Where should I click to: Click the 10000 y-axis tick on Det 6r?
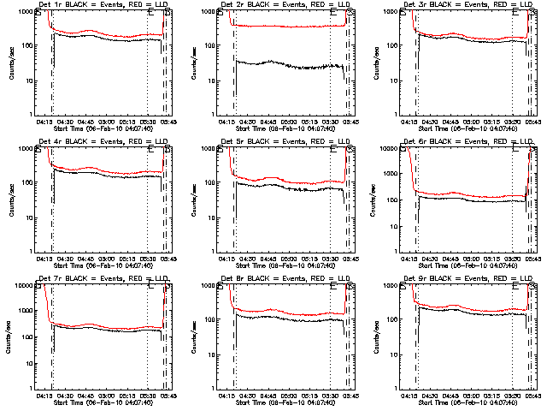(393, 149)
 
